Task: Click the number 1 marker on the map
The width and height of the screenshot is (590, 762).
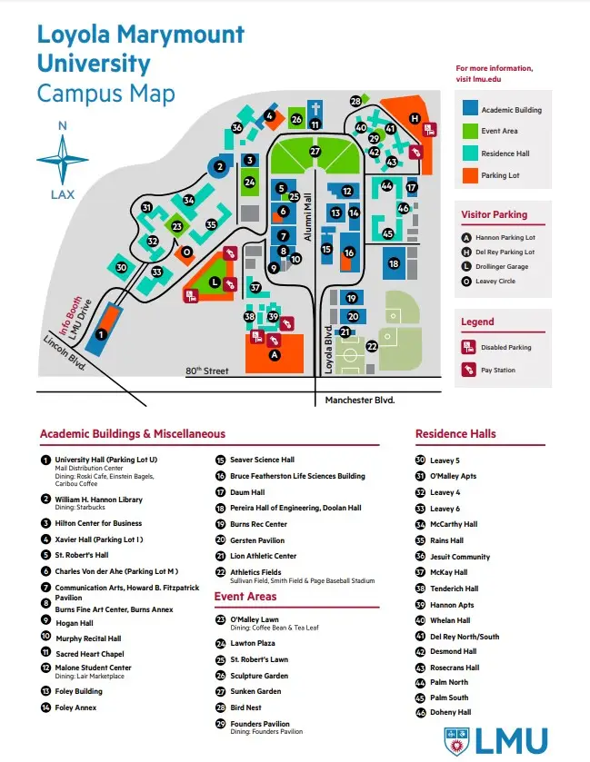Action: point(101,334)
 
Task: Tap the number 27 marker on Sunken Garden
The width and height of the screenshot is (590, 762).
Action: point(315,152)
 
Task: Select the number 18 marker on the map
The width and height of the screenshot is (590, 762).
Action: point(394,263)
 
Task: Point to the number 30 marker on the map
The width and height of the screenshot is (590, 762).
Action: point(121,267)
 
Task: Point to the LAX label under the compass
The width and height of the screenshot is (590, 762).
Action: point(63,194)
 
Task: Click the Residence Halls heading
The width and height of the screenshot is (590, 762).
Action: point(455,434)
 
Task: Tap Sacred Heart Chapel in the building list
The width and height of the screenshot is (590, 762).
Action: point(88,653)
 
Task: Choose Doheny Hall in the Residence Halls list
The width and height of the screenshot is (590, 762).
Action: point(450,712)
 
